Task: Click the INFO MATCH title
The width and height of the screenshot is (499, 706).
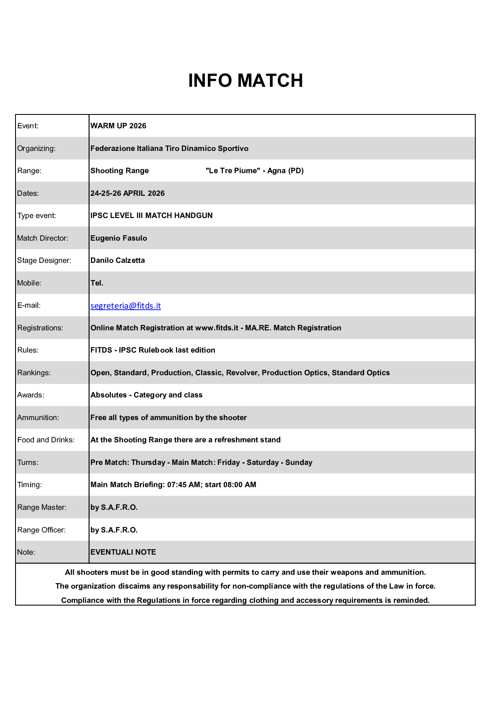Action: tap(246, 80)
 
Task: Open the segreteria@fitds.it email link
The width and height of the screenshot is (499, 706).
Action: tap(126, 306)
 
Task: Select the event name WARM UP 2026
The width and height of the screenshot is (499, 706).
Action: tap(118, 126)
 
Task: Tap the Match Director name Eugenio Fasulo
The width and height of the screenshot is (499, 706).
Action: tap(119, 238)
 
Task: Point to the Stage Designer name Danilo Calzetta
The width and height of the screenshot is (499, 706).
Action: tap(118, 260)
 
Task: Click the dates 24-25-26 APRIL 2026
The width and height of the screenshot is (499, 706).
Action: tap(127, 193)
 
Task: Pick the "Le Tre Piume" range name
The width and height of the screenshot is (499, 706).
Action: tap(233, 171)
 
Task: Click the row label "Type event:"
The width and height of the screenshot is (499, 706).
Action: tap(36, 215)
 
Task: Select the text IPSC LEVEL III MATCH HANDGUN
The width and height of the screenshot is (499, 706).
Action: tap(151, 215)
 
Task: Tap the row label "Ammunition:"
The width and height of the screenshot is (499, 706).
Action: tap(38, 418)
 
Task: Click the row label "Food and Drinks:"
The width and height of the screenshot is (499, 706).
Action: tap(46, 440)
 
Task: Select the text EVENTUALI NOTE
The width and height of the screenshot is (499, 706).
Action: tap(123, 552)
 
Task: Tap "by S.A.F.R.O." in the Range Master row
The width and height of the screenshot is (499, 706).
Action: tap(114, 507)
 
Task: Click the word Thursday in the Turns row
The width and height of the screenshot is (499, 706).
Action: tap(148, 462)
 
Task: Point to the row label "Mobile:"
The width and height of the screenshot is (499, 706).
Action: tap(29, 283)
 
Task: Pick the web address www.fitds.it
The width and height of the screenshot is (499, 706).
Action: tap(217, 328)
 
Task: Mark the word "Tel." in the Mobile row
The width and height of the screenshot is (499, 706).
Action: tap(97, 283)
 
